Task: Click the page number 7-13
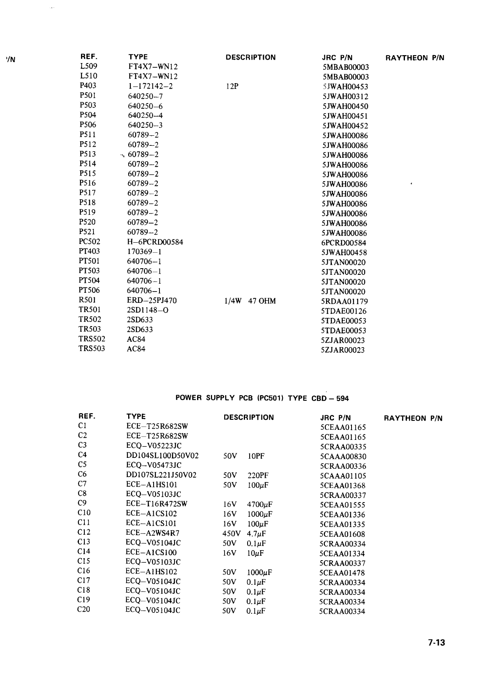pyautogui.click(x=436, y=642)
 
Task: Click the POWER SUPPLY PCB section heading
pyautogui.click(x=262, y=398)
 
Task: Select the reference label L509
pyautogui.click(x=89, y=66)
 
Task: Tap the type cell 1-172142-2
pyautogui.click(x=150, y=86)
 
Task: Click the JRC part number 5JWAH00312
pyautogui.click(x=345, y=96)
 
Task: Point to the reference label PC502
pyautogui.click(x=89, y=241)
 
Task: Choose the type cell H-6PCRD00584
pyautogui.click(x=155, y=242)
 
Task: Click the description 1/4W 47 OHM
pyautogui.click(x=250, y=301)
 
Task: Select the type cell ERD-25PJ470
pyautogui.click(x=152, y=300)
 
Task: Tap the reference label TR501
pyautogui.click(x=89, y=310)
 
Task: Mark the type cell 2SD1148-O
pyautogui.click(x=147, y=310)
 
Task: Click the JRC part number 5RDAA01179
pyautogui.click(x=344, y=301)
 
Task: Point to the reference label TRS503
pyautogui.click(x=92, y=348)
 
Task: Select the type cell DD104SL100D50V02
pyautogui.click(x=162, y=455)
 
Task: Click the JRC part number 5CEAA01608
pyautogui.click(x=342, y=534)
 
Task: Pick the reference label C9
pyautogui.click(x=82, y=503)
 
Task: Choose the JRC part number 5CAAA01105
pyautogui.click(x=343, y=476)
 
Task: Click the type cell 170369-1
pyautogui.click(x=144, y=251)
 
